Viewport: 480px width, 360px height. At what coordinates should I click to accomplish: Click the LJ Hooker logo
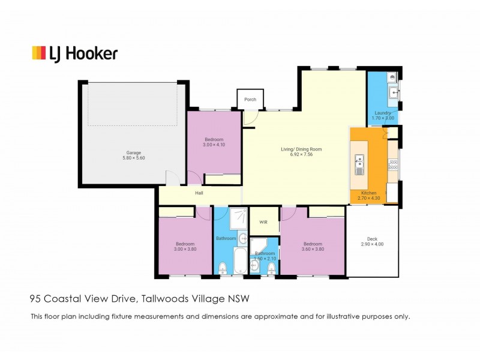click(74, 53)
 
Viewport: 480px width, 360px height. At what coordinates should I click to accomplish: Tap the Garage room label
click(125, 152)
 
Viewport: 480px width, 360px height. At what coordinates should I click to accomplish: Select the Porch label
click(250, 100)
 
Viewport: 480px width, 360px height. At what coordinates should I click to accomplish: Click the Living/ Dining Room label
click(301, 149)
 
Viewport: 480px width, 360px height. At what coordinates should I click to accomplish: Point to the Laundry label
click(383, 113)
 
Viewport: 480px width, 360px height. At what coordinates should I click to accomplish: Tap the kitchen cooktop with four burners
click(393, 163)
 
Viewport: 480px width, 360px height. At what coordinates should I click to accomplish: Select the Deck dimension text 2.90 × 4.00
click(372, 244)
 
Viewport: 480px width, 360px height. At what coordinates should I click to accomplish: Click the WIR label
click(263, 222)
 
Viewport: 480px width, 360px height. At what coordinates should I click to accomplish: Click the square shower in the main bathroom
click(238, 220)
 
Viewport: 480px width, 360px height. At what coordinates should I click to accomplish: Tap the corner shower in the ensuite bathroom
click(259, 246)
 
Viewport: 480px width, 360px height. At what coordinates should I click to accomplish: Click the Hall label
click(199, 193)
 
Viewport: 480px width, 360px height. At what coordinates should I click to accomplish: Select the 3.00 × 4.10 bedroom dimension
click(214, 145)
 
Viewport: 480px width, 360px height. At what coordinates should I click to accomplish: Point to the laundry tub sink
click(393, 92)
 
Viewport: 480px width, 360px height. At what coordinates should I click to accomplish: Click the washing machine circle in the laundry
click(391, 77)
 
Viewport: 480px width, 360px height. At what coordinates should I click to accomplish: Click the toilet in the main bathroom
click(222, 267)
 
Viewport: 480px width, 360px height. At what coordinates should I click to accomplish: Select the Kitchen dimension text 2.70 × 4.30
click(368, 197)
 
